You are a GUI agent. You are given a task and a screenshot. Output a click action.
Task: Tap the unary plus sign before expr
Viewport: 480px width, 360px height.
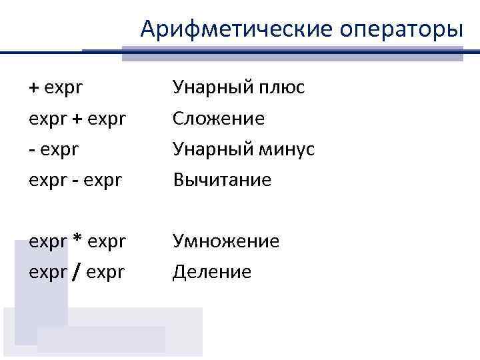click(x=33, y=88)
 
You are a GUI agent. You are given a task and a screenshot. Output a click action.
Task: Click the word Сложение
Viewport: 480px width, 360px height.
click(x=219, y=119)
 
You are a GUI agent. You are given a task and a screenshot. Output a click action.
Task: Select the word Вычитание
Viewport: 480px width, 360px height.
click(x=222, y=180)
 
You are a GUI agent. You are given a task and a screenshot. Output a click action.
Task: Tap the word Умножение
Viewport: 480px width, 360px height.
click(x=226, y=241)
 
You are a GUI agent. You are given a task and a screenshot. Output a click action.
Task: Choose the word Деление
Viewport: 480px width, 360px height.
click(x=212, y=272)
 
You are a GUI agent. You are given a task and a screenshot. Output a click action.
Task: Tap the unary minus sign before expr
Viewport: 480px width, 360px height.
click(x=31, y=149)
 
